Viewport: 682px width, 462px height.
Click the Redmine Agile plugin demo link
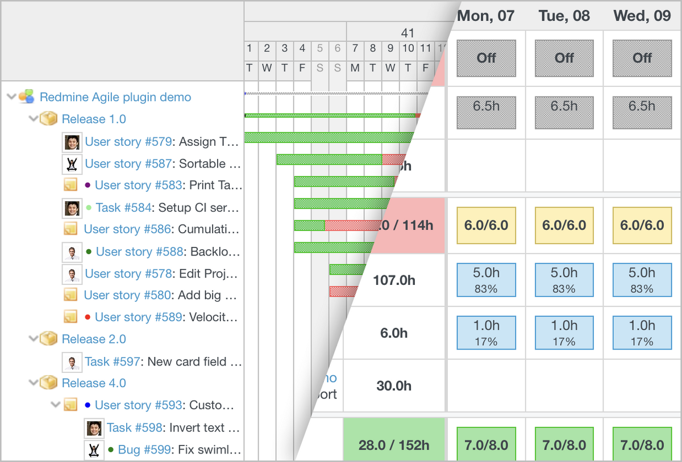point(115,97)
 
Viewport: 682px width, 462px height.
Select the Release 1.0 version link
point(94,119)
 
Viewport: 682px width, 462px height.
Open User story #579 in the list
point(128,142)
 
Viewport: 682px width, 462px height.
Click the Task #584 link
point(123,208)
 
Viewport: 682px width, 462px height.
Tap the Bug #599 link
point(144,450)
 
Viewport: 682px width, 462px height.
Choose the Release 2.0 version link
point(94,339)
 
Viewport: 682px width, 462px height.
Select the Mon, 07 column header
point(486,15)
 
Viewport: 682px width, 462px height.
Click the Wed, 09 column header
point(642,15)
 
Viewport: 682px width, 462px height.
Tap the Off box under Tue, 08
point(564,58)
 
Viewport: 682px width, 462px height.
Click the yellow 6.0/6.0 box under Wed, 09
point(642,225)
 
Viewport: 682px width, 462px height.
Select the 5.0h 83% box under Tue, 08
point(564,280)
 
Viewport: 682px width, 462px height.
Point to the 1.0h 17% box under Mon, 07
point(486,333)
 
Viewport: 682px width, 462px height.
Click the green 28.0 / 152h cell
point(394,445)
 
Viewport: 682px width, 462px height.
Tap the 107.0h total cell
point(394,280)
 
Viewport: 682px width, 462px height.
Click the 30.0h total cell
point(394,386)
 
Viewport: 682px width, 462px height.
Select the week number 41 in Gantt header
point(407,33)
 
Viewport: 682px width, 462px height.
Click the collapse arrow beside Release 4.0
point(33,383)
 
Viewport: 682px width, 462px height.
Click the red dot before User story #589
point(88,317)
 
